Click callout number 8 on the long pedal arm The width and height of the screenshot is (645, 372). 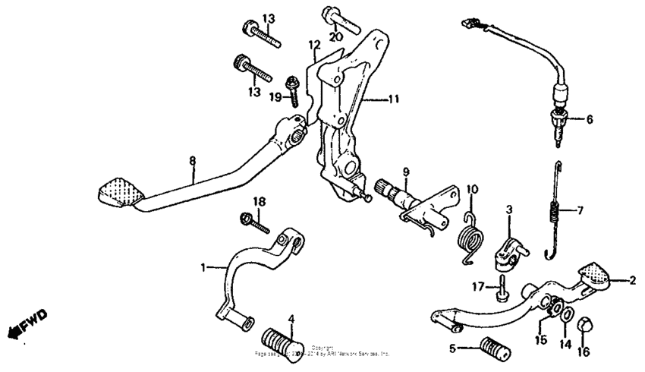[x=192, y=160]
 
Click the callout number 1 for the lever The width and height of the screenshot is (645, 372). [x=203, y=267]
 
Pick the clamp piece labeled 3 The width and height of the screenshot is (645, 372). [x=506, y=254]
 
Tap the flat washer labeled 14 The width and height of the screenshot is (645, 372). [x=566, y=313]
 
